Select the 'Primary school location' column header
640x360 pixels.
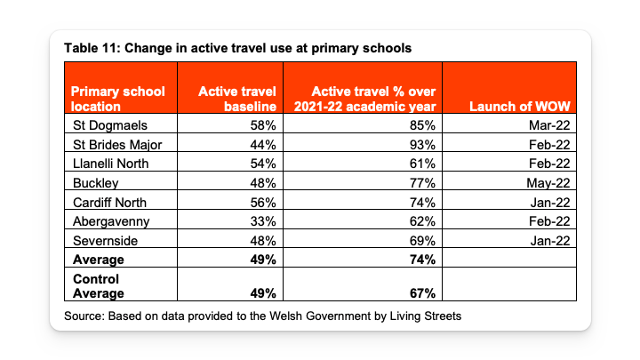click(x=117, y=99)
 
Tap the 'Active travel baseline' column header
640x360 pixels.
click(x=237, y=99)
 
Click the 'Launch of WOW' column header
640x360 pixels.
click(x=520, y=106)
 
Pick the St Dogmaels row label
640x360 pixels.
click(x=110, y=125)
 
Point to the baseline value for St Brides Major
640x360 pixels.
click(x=263, y=145)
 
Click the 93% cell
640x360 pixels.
click(x=422, y=145)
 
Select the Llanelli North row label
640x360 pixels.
click(x=110, y=164)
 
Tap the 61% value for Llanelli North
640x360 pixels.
click(x=422, y=164)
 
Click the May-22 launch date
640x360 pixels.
click(x=548, y=183)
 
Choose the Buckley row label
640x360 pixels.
click(x=95, y=183)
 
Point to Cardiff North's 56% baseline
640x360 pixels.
click(x=263, y=203)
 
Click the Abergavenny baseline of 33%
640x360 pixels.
click(x=263, y=221)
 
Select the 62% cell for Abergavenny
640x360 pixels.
click(x=422, y=221)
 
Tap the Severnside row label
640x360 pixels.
click(x=105, y=240)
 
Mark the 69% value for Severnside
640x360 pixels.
click(x=422, y=240)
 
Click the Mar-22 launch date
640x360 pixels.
click(x=549, y=125)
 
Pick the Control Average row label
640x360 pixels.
click(x=99, y=286)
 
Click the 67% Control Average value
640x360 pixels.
click(x=422, y=293)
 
